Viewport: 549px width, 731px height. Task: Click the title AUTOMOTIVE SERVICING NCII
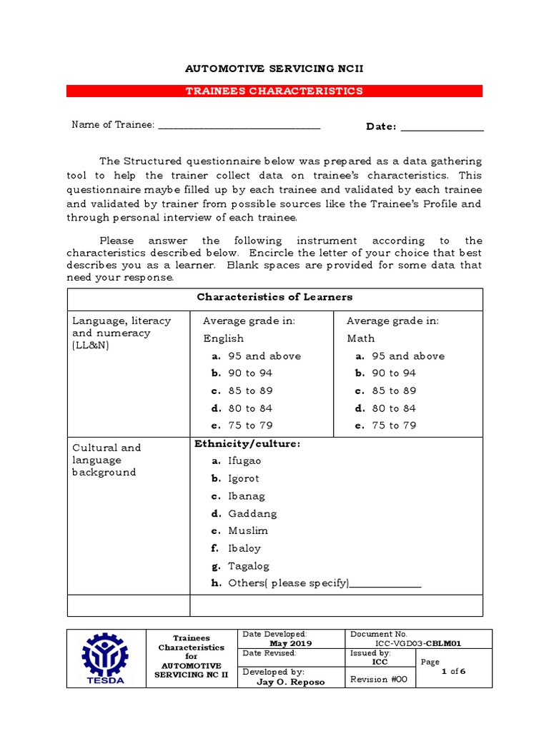(274, 69)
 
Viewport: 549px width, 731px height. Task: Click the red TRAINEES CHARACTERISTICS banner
(274, 91)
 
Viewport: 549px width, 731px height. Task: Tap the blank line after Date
(442, 128)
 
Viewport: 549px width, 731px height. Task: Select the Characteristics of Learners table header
(274, 297)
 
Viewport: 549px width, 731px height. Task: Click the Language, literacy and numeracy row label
(112, 333)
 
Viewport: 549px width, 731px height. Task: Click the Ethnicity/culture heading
(247, 444)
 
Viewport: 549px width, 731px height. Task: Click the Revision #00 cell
(378, 680)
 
